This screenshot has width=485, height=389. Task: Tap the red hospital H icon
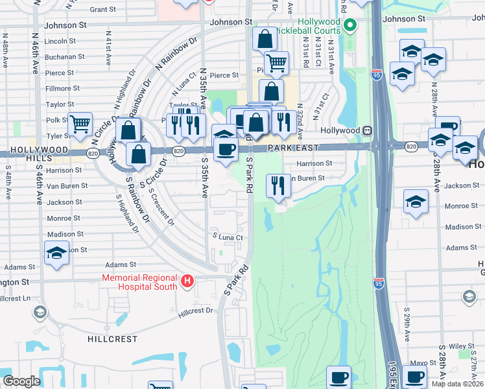(x=187, y=281)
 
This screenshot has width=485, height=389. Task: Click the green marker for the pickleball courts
(x=351, y=26)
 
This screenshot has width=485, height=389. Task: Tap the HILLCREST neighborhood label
(x=113, y=339)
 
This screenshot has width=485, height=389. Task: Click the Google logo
(x=21, y=381)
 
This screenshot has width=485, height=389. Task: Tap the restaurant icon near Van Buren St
(x=278, y=185)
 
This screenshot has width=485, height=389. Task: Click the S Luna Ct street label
(x=228, y=238)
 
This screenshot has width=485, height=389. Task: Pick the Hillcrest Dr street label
(x=195, y=312)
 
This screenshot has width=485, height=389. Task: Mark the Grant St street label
(x=102, y=10)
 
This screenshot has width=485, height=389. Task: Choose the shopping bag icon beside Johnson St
(x=265, y=38)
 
